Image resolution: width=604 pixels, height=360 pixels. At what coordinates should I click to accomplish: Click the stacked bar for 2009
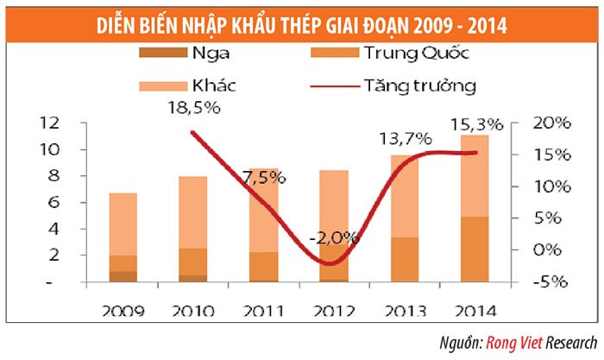pos(124,237)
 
